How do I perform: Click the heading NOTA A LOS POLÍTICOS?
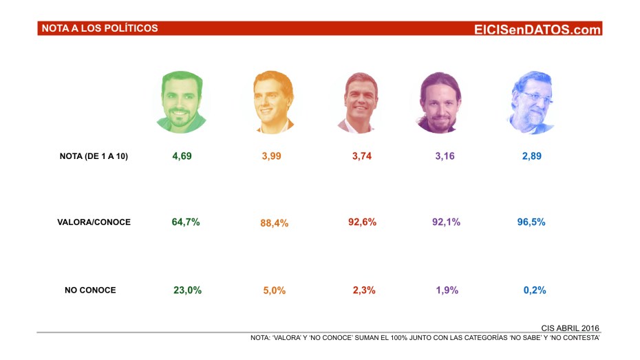coord(100,28)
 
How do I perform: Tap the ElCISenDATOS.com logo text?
coord(537,29)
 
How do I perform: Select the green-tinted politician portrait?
coord(181,102)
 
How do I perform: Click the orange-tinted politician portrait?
coord(273,102)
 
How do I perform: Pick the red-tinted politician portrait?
coord(362,102)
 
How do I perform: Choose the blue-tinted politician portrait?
coord(531,102)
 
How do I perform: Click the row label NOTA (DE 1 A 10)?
coord(94,156)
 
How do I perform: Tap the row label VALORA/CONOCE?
coord(94,222)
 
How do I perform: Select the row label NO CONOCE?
coord(90,290)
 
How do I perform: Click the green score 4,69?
coord(182,156)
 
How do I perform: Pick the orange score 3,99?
coord(271,156)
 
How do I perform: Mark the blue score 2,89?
coord(531,156)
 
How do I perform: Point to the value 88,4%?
coord(275,223)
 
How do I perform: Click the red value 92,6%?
coord(363,222)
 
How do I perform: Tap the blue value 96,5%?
coord(531,222)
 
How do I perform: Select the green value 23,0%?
coord(187,290)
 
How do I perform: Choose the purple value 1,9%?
coord(447,290)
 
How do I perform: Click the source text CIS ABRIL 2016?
coord(570,328)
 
